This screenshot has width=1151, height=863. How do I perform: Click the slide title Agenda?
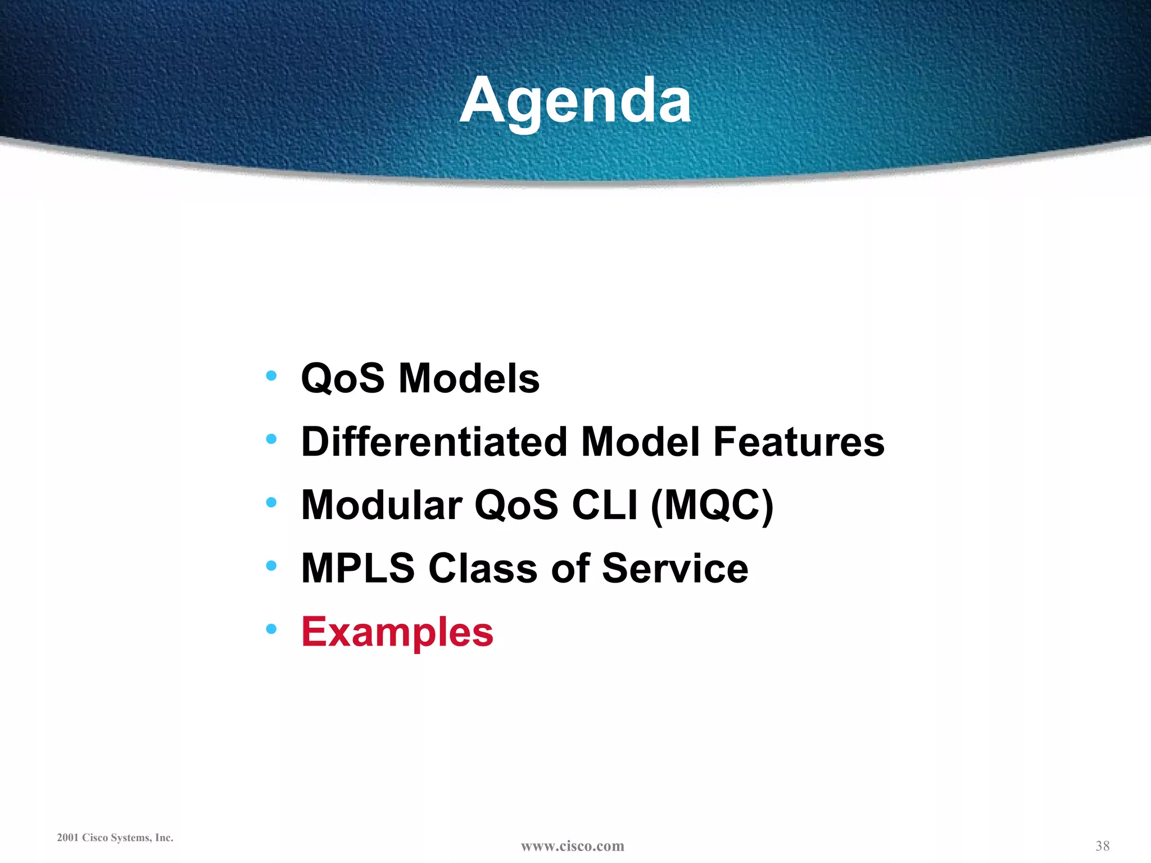pos(575,101)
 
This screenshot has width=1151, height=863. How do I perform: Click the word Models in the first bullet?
pos(469,378)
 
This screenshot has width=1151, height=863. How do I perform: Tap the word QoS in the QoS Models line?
pos(343,378)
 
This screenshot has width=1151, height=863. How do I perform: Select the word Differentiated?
pos(434,442)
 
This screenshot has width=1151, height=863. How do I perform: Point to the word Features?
pos(799,442)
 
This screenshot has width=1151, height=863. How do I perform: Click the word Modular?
pos(382,505)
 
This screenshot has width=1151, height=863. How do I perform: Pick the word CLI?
pos(605,505)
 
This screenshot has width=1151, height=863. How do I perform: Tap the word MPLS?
pos(358,569)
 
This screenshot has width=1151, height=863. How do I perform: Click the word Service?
pos(675,569)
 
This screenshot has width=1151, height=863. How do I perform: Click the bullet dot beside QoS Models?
pos(271,375)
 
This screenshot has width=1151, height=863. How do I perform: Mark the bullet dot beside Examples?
pos(271,629)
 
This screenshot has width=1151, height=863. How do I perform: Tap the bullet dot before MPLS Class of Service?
pos(271,565)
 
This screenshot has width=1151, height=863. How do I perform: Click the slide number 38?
pos(1102,846)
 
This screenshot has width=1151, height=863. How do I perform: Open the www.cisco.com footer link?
pos(572,846)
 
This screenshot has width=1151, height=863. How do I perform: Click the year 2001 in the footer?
pos(67,838)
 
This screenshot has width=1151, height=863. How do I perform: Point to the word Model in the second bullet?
pos(641,442)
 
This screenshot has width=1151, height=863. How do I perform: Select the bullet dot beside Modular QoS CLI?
pos(271,502)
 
